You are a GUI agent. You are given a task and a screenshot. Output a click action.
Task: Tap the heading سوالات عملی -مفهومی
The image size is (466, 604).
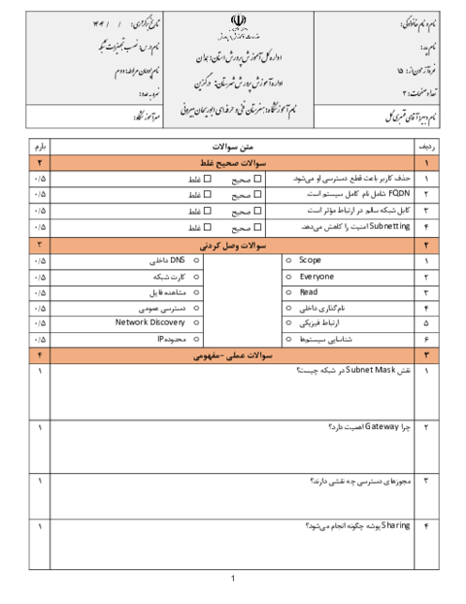(230, 355)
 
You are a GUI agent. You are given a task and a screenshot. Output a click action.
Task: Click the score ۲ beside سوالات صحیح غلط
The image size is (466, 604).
(39, 163)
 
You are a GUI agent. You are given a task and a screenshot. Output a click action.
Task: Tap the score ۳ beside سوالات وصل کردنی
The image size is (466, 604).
(39, 246)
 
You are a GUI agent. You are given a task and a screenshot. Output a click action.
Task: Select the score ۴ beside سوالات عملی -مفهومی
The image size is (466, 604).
(39, 355)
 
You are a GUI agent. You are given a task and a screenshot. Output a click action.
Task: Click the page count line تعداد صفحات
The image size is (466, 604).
(404, 92)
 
